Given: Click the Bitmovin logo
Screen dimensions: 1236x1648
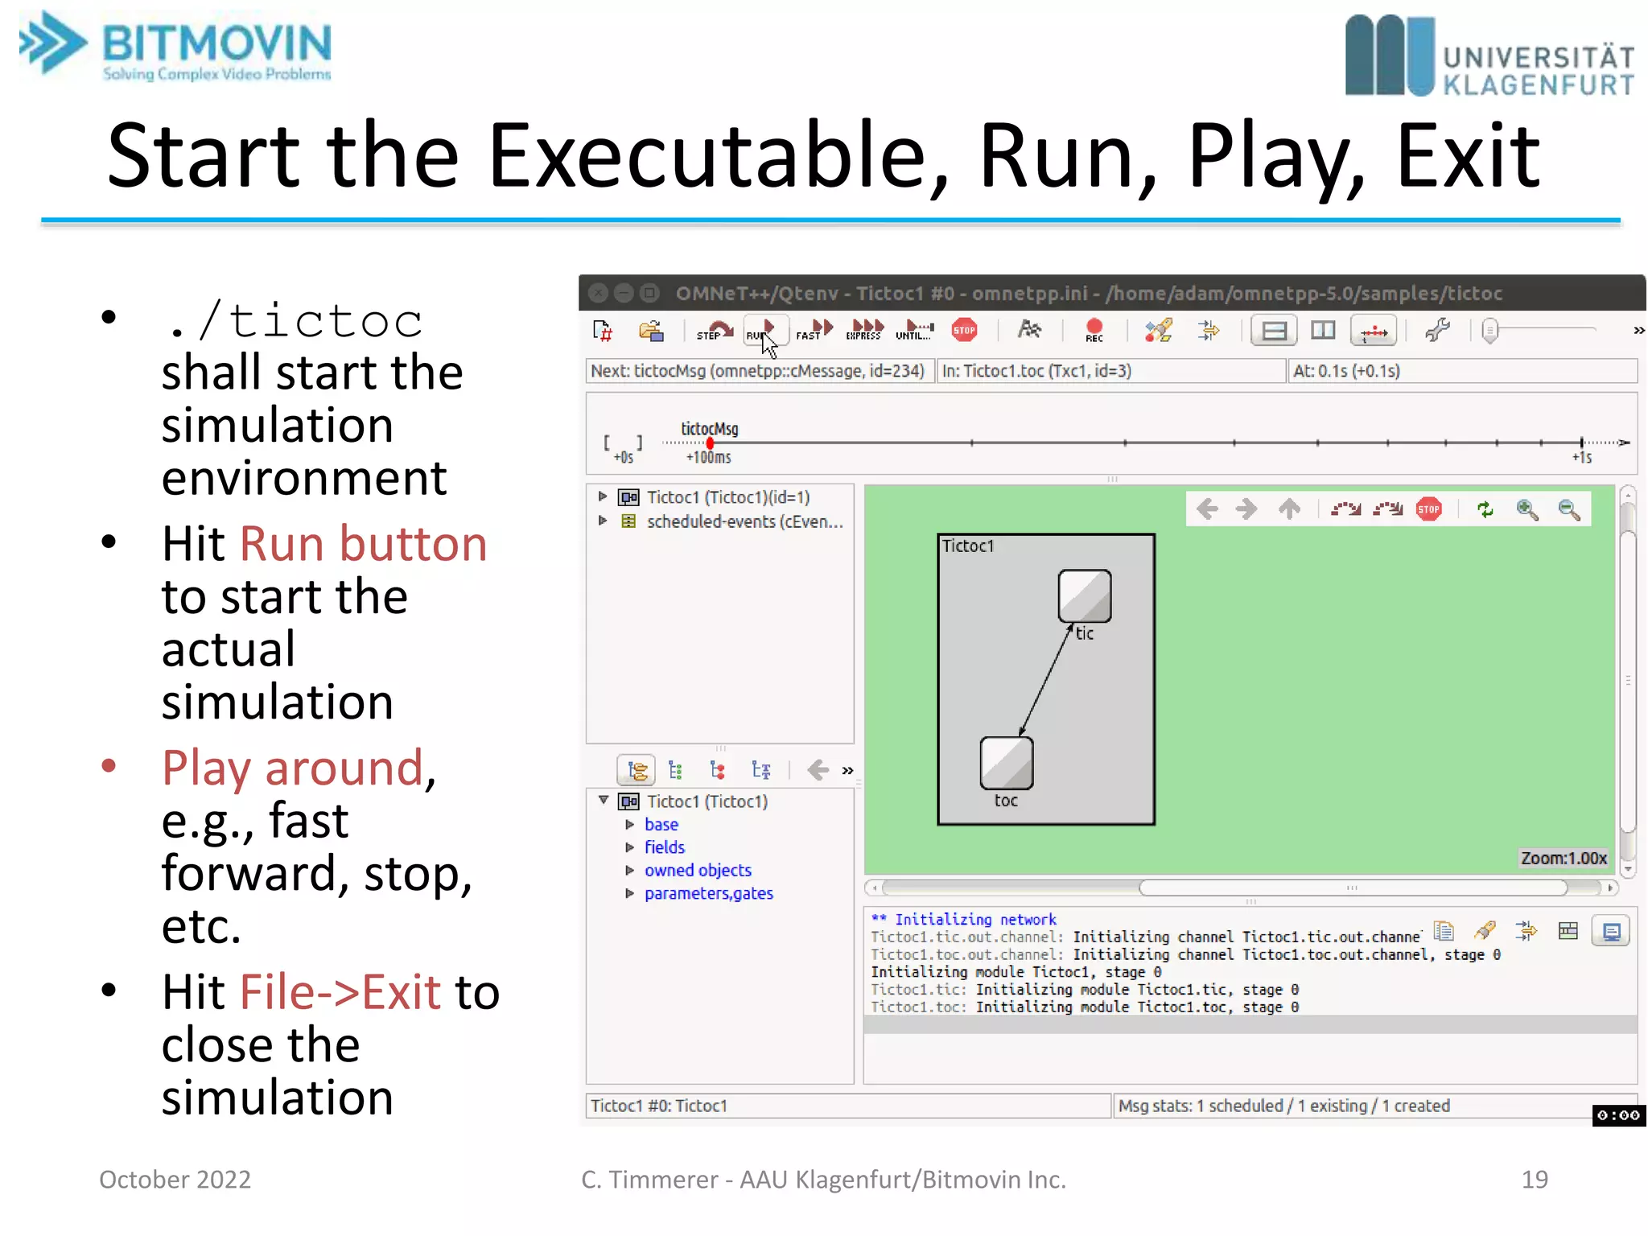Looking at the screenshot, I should point(175,47).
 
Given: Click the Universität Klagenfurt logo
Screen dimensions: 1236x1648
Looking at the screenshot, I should point(1489,56).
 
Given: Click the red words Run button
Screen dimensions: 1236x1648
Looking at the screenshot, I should point(364,544).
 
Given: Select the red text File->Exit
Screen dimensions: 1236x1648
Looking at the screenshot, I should point(340,992).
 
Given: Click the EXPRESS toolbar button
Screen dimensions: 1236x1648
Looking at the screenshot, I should point(865,330).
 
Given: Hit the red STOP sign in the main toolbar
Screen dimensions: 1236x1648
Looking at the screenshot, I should point(964,330).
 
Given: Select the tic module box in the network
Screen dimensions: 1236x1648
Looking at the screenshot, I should point(1085,596).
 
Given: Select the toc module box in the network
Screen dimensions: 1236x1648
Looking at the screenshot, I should point(1006,763).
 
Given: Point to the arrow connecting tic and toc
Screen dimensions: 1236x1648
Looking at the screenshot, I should point(1046,680).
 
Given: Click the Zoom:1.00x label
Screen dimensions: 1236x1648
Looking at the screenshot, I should point(1564,859).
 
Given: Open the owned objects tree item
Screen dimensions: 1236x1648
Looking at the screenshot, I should point(698,871).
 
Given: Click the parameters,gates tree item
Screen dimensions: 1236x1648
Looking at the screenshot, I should point(708,894).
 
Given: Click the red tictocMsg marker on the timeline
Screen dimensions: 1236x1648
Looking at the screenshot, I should point(710,443).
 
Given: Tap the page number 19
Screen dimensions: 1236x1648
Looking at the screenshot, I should point(1535,1180).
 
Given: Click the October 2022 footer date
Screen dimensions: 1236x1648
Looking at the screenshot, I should point(175,1180).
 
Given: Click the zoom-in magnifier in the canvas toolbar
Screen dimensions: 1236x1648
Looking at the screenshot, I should point(1526,509).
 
